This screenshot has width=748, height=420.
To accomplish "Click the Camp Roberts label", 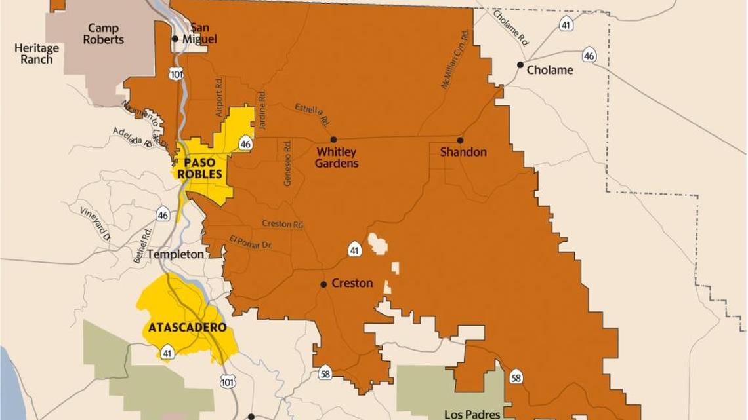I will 104,33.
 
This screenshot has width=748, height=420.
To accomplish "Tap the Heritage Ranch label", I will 36,54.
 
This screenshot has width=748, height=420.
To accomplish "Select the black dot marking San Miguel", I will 175,39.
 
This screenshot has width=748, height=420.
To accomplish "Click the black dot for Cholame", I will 520,65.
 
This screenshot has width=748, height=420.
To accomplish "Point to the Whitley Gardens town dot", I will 333,140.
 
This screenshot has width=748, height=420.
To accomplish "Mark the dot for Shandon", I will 460,140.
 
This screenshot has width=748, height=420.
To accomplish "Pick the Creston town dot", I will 323,284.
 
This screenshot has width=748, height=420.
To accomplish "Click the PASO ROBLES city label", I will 203,168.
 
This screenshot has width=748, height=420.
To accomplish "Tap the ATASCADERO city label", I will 187,327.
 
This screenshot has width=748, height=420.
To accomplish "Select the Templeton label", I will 176,254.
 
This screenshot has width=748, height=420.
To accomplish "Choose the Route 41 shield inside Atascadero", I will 167,352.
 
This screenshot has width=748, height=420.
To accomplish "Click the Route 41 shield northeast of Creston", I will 354,250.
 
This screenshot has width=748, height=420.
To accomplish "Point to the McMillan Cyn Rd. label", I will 455,60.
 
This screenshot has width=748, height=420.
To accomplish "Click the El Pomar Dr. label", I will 250,242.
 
